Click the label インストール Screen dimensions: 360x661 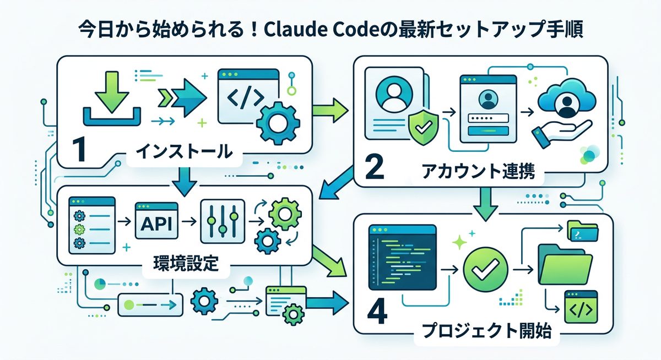pos(184,151)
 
